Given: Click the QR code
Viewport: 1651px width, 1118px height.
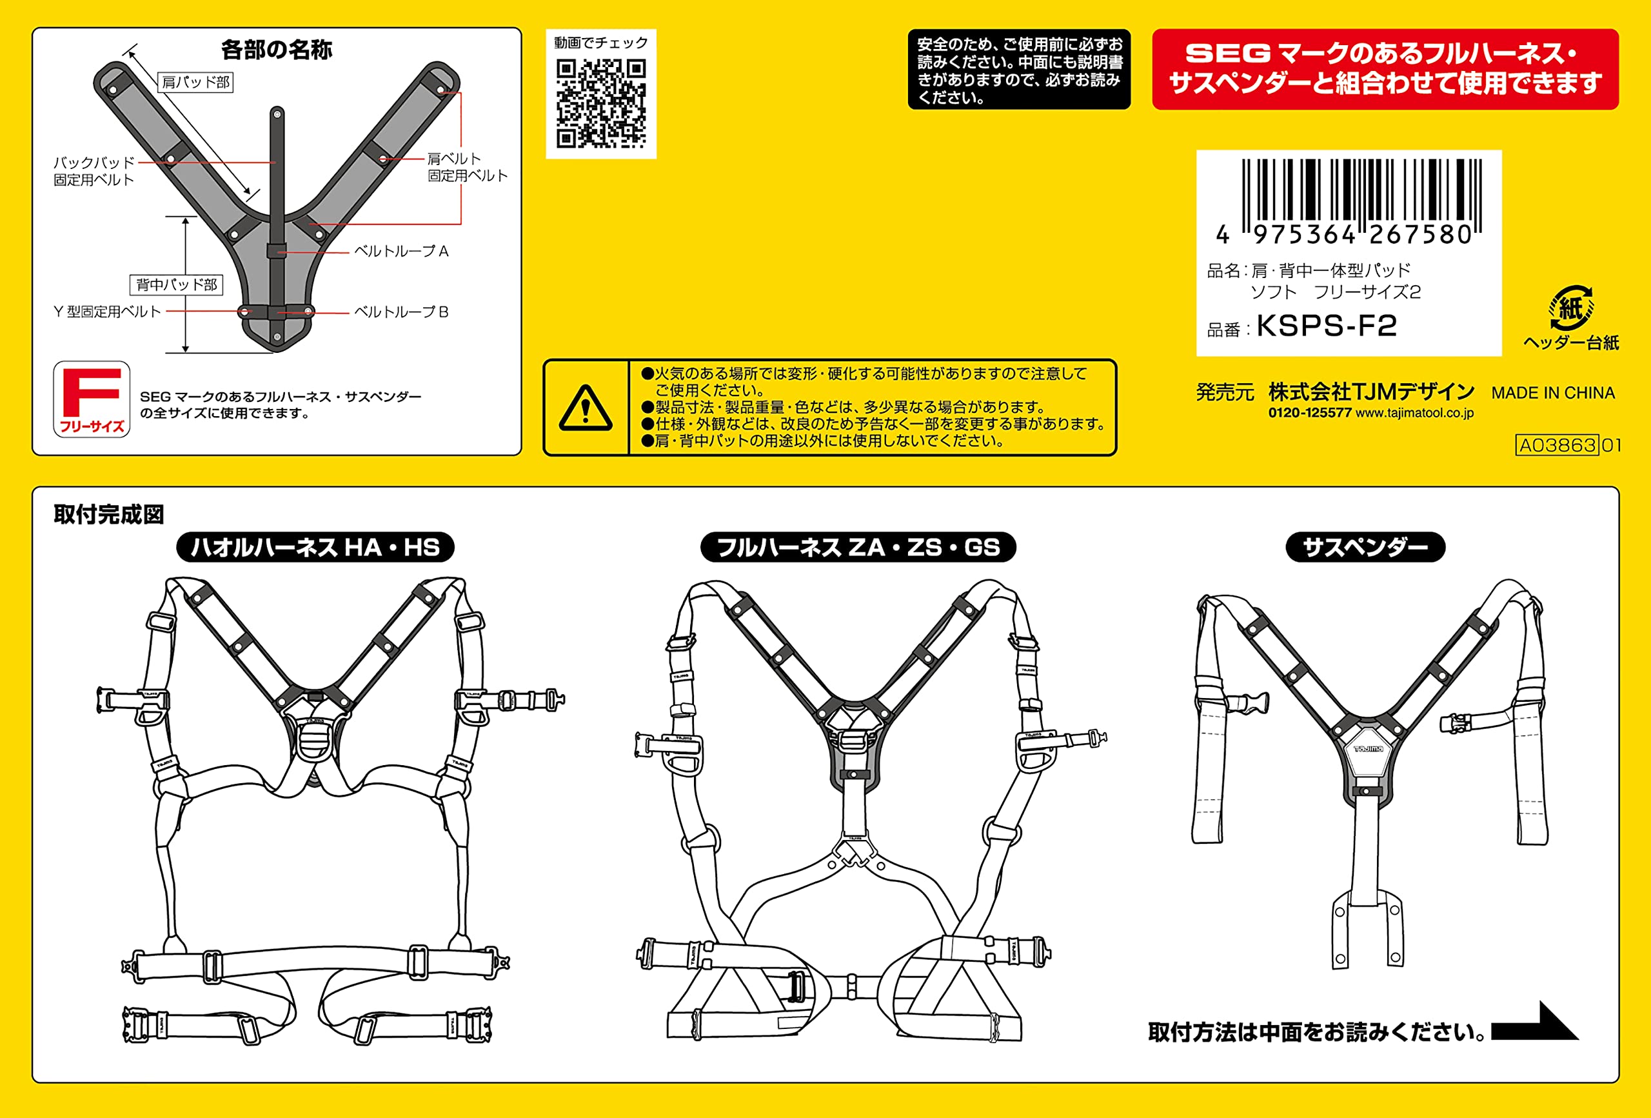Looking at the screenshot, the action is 601,104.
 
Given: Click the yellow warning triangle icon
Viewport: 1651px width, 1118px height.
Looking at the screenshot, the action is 586,408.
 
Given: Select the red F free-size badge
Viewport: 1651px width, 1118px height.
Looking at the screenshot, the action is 92,399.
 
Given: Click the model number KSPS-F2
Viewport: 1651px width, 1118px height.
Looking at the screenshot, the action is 1327,326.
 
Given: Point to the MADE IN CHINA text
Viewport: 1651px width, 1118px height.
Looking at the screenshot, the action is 1553,393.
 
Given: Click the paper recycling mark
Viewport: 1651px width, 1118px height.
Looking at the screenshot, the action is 1572,308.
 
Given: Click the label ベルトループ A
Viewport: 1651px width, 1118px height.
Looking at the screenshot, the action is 401,251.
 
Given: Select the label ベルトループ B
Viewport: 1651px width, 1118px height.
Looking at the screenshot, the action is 401,312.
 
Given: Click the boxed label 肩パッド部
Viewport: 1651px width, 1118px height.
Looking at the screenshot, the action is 195,83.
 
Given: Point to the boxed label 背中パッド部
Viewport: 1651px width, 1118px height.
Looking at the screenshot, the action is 176,285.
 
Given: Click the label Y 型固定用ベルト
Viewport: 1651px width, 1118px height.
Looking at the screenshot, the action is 107,312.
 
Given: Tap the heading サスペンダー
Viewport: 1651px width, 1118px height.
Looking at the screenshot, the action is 1365,547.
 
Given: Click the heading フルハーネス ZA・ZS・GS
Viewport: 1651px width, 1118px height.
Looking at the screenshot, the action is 858,547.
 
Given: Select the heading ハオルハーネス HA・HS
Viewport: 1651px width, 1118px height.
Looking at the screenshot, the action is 315,547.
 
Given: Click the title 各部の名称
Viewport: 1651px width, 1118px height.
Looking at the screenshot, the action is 277,50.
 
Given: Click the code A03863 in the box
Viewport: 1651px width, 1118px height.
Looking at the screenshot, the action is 1557,445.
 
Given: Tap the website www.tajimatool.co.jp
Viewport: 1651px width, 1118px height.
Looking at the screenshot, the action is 1414,413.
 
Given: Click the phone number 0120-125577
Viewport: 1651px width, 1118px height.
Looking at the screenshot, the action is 1310,413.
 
